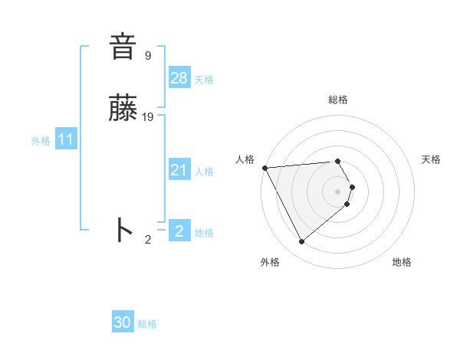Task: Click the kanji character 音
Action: click(123, 47)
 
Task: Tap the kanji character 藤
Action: click(123, 110)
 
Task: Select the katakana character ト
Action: click(123, 230)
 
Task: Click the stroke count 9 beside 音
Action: click(148, 56)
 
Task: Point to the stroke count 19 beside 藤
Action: click(148, 117)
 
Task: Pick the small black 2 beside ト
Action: click(148, 240)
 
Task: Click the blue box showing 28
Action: click(179, 77)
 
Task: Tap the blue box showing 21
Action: click(179, 170)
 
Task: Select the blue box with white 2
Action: click(179, 231)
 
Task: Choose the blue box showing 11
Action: click(66, 139)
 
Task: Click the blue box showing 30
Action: click(123, 322)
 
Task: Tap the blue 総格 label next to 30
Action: click(147, 324)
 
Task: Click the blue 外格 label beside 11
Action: click(41, 141)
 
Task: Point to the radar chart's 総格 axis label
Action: click(338, 100)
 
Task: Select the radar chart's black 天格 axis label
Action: click(431, 159)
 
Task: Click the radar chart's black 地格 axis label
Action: click(402, 262)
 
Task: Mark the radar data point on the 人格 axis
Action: click(264, 168)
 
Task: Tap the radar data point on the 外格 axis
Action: click(302, 242)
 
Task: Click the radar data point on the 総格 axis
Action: click(338, 161)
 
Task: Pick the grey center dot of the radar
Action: click(338, 191)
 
